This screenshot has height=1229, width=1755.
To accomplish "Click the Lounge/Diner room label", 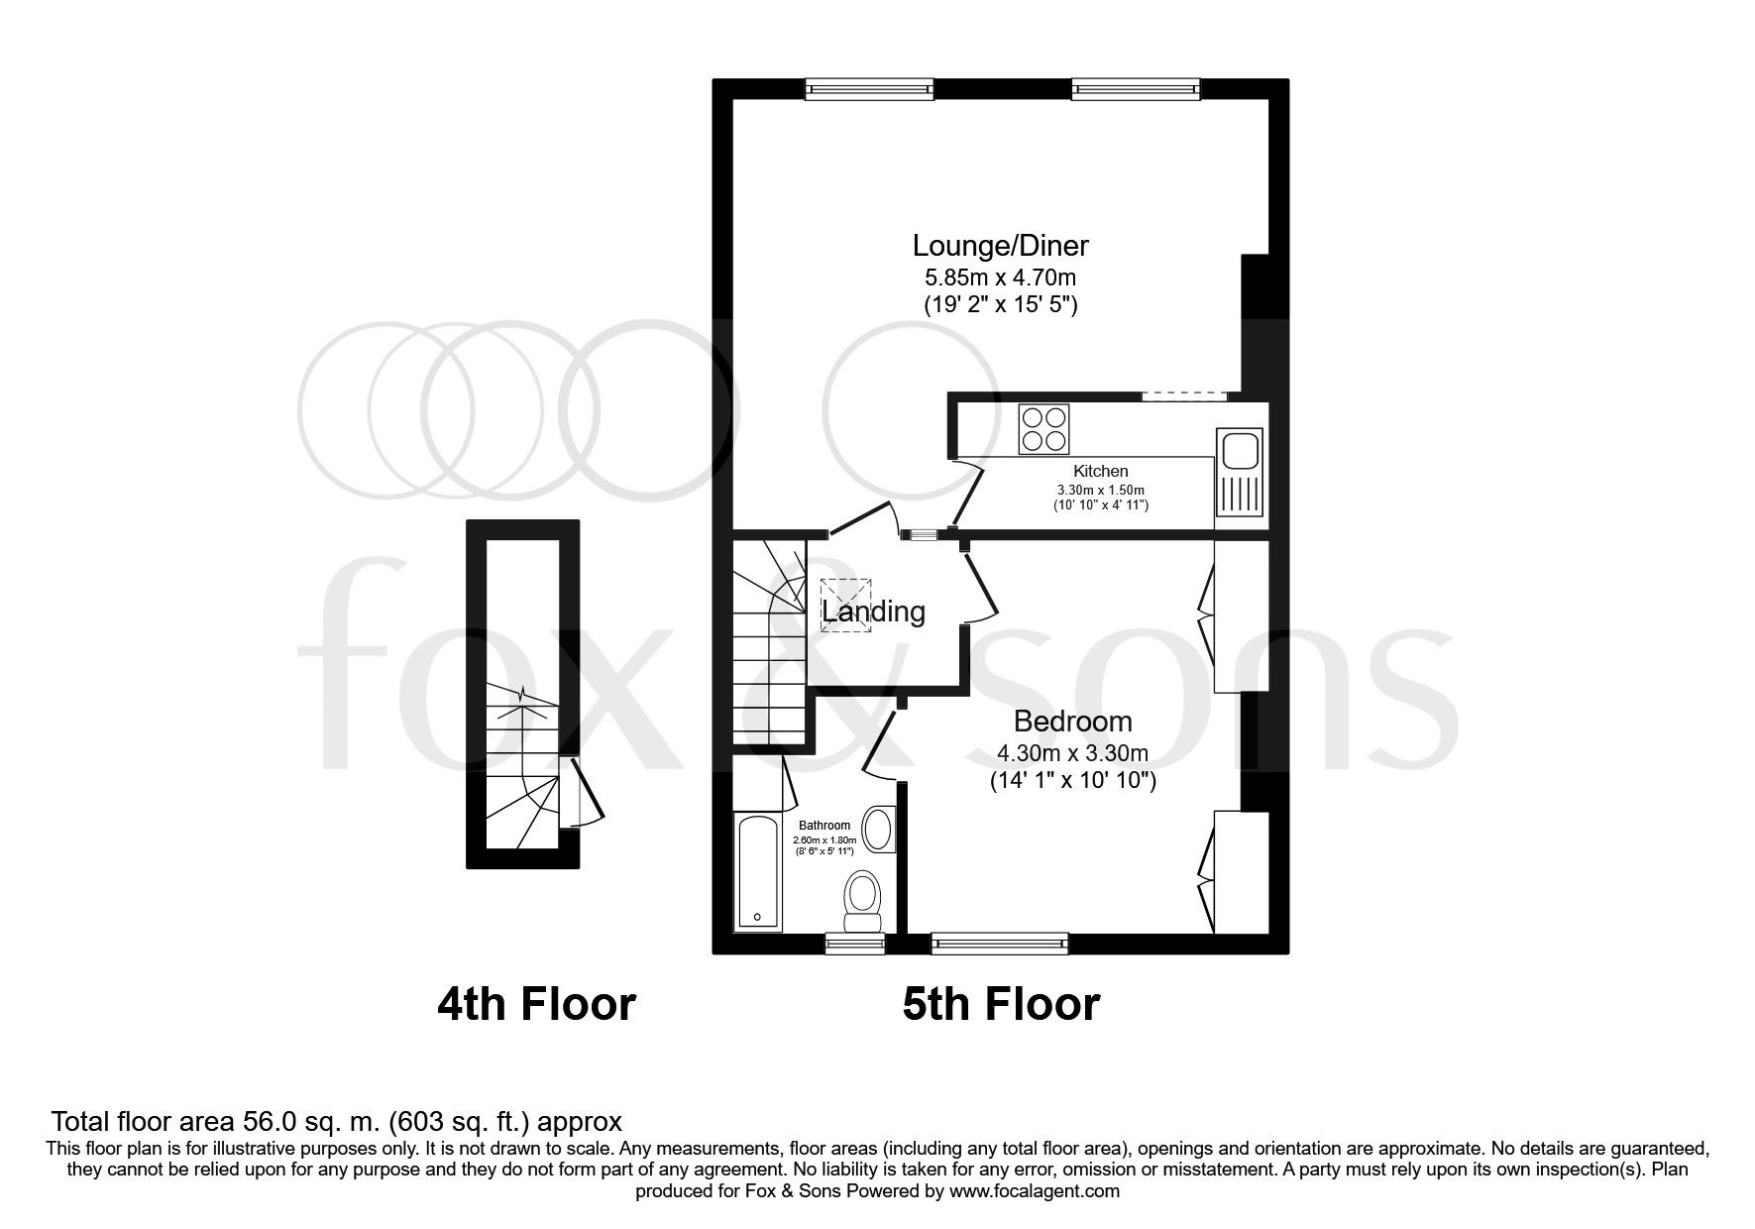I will tap(1000, 245).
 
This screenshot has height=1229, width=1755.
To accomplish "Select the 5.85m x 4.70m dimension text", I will tap(1000, 278).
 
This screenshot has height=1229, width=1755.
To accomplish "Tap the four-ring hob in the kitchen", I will tap(1043, 429).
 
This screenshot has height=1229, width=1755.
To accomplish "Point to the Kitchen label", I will tap(1100, 472).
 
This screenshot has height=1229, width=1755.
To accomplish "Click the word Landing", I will tap(873, 612).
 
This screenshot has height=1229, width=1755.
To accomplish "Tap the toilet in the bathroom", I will tap(862, 901).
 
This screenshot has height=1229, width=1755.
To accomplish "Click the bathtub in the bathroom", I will tap(758, 871).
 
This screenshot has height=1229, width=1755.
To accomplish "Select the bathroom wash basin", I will tap(878, 830).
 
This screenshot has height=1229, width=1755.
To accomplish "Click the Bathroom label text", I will tap(824, 825).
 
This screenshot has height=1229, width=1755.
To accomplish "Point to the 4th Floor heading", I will tap(536, 1004).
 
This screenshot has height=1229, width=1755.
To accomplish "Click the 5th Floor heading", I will tap(1000, 1004).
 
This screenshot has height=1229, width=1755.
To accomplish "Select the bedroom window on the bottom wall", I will tap(1000, 944).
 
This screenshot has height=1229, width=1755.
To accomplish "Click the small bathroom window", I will tap(855, 944).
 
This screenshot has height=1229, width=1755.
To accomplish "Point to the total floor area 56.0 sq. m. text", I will tap(337, 1122).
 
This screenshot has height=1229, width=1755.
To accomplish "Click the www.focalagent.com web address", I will tap(1033, 1191).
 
